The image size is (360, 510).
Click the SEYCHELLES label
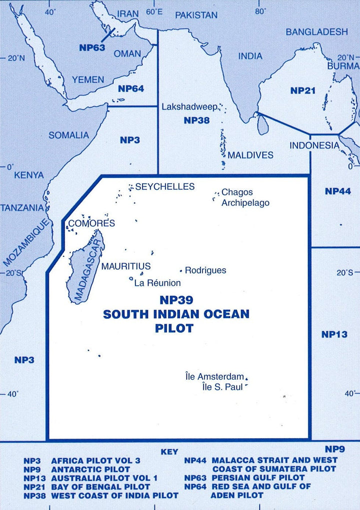point(165,187)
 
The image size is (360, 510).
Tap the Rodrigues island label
point(205,270)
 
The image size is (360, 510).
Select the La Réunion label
point(157,283)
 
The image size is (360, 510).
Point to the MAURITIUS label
point(126,267)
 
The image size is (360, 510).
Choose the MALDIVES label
point(250,155)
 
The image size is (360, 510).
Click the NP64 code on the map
point(131,88)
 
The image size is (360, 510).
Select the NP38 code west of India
point(196,120)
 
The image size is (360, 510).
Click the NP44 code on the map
point(338,191)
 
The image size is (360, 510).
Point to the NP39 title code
point(175,301)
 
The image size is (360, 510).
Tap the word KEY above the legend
point(169,452)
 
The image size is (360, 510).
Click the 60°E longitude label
point(154,11)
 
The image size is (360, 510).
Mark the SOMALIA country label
point(69,135)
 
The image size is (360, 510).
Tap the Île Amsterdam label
point(214,376)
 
